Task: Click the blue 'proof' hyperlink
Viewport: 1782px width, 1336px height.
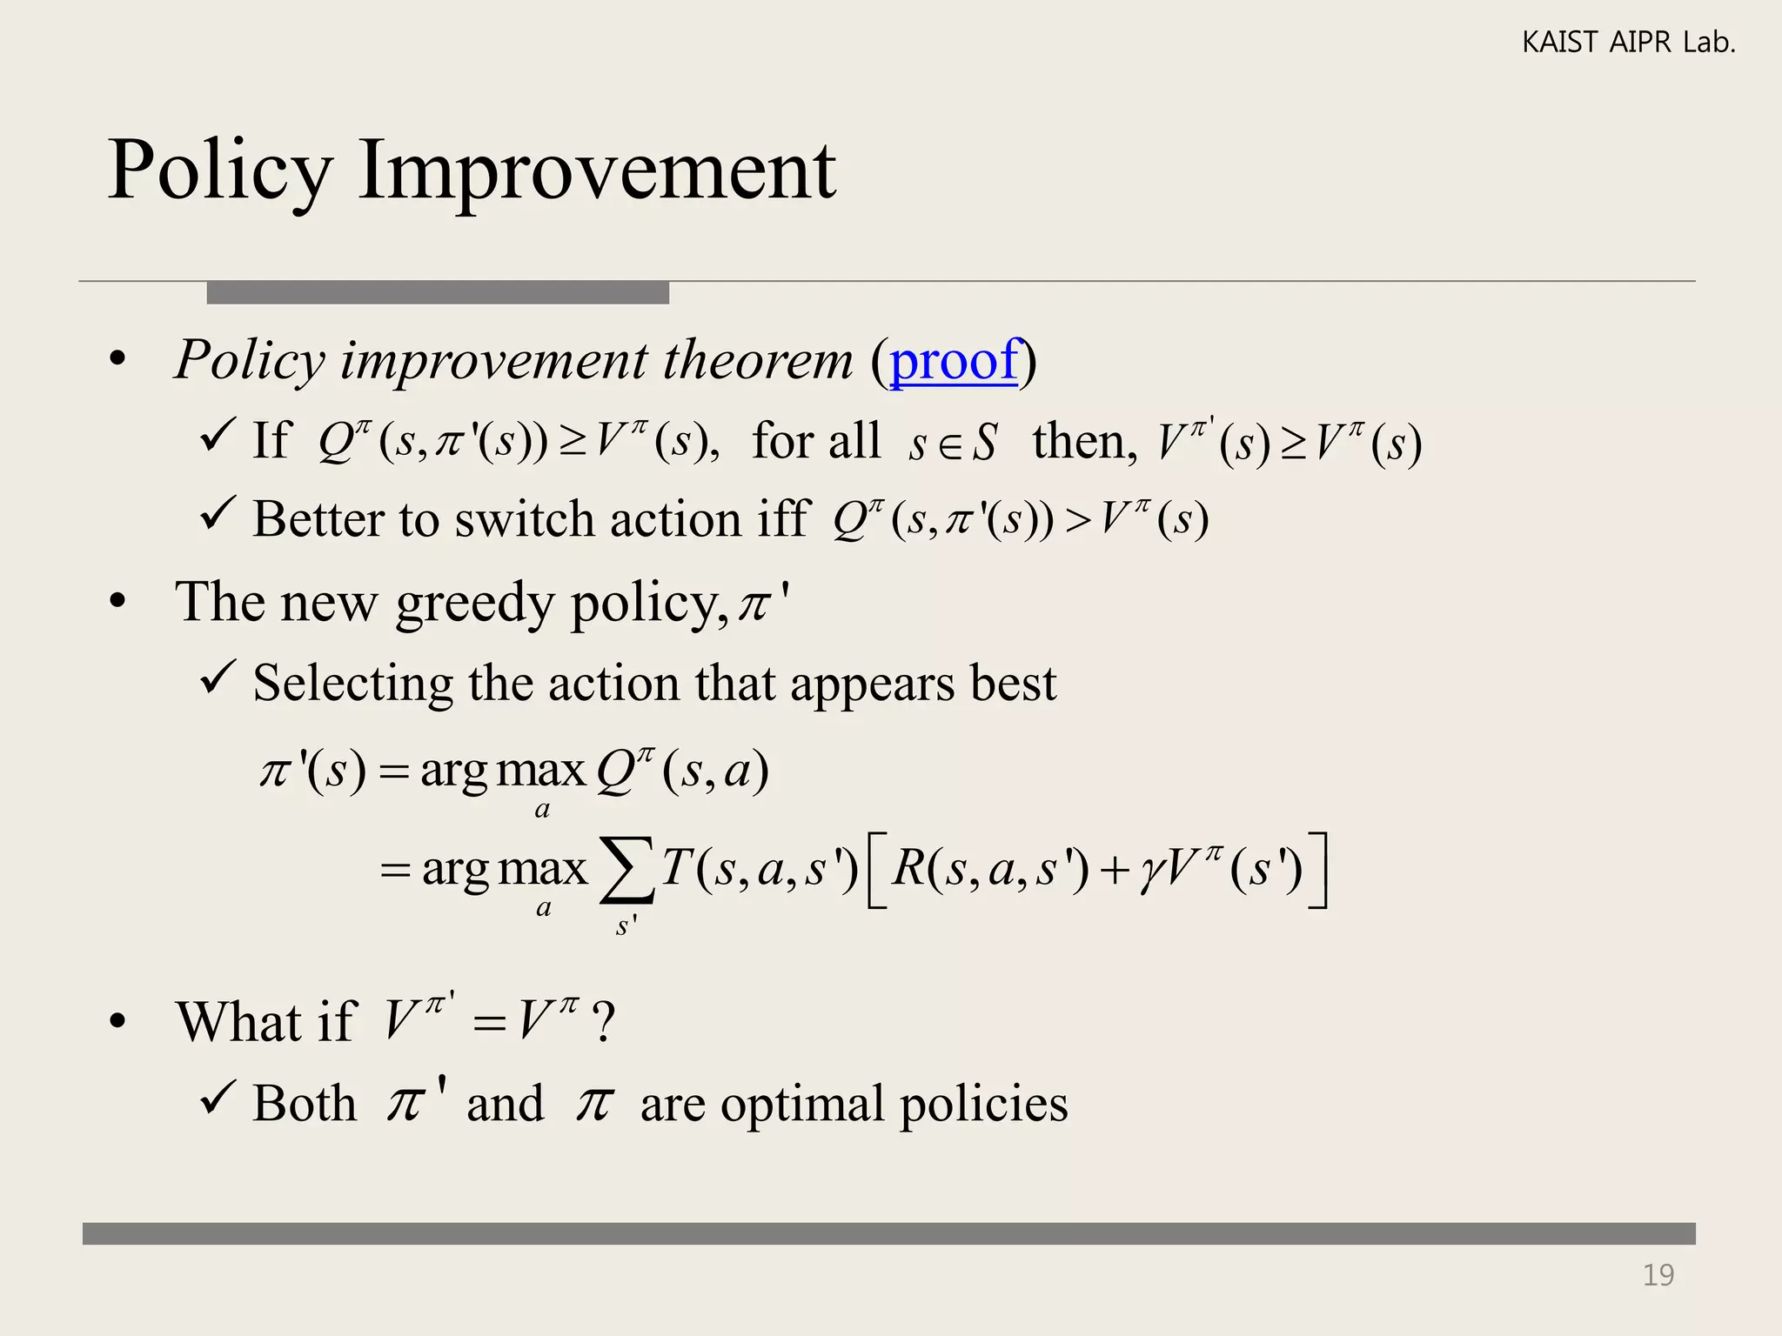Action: click(x=953, y=361)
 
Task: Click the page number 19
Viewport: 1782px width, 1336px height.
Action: click(x=1658, y=1275)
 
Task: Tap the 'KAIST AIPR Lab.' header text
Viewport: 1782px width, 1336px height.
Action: click(x=1628, y=42)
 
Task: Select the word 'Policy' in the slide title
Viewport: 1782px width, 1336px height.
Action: click(x=220, y=171)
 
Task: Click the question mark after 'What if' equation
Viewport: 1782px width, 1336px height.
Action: click(x=603, y=1021)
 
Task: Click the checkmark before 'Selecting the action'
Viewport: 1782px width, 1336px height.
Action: click(x=218, y=678)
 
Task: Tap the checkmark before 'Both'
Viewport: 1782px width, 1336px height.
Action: click(x=218, y=1098)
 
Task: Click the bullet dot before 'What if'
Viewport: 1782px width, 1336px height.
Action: click(x=118, y=1022)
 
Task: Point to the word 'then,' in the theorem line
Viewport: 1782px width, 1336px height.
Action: click(x=1084, y=441)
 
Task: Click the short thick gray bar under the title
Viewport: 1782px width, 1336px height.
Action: click(x=438, y=292)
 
